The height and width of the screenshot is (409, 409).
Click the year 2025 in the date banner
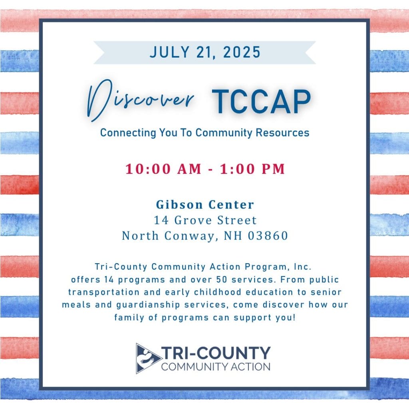coord(242,52)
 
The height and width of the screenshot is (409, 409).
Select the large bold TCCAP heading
coord(261,101)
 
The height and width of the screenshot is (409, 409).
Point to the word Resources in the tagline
coord(282,133)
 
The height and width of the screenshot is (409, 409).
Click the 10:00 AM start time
coord(163,169)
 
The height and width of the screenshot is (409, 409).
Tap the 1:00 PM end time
coord(252,169)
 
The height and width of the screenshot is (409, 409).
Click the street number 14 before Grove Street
coord(161,220)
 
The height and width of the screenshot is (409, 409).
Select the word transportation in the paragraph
coord(104,292)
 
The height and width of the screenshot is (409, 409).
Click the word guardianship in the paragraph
coord(148,305)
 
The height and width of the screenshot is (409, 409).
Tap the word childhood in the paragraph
coord(218,292)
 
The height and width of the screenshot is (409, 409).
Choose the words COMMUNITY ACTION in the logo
coord(216,367)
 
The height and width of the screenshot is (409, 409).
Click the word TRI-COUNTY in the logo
coord(216,353)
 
